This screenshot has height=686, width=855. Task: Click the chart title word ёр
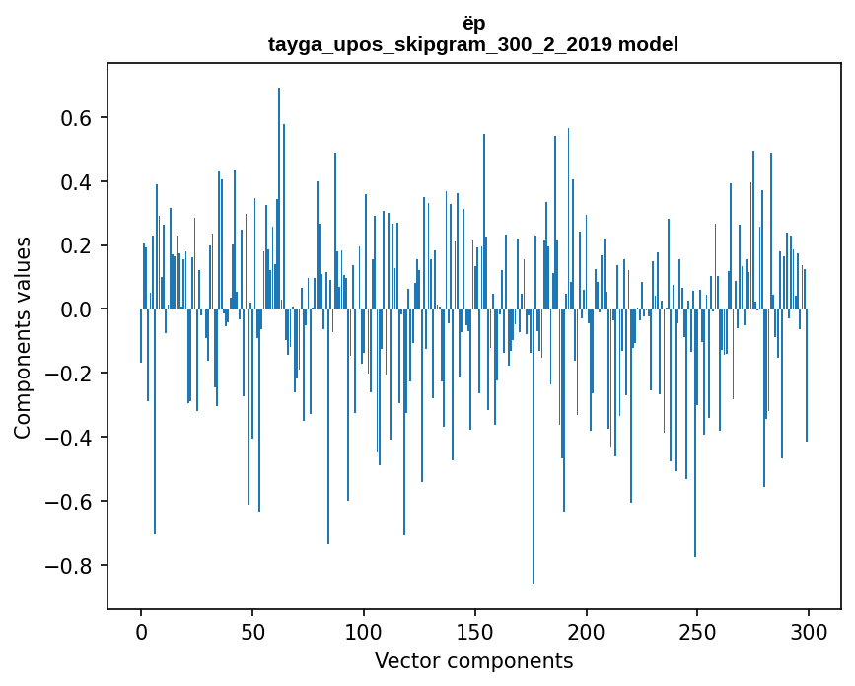pyautogui.click(x=473, y=23)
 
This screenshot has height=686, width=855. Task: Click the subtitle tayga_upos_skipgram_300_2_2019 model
pyautogui.click(x=473, y=44)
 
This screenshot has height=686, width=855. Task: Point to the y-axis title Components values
pyautogui.click(x=23, y=337)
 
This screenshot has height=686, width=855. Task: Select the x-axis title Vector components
pyautogui.click(x=473, y=660)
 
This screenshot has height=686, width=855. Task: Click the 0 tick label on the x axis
pyautogui.click(x=141, y=631)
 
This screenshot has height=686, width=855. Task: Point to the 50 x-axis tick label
pyautogui.click(x=252, y=631)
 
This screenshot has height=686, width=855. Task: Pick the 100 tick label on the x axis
pyautogui.click(x=364, y=631)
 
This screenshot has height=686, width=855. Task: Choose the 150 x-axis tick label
pyautogui.click(x=475, y=631)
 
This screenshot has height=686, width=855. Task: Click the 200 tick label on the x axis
pyautogui.click(x=587, y=631)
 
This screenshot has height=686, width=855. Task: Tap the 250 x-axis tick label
pyautogui.click(x=697, y=631)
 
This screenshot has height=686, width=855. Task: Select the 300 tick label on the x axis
pyautogui.click(x=809, y=631)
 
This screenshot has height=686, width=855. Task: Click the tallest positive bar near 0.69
pyautogui.click(x=279, y=197)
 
